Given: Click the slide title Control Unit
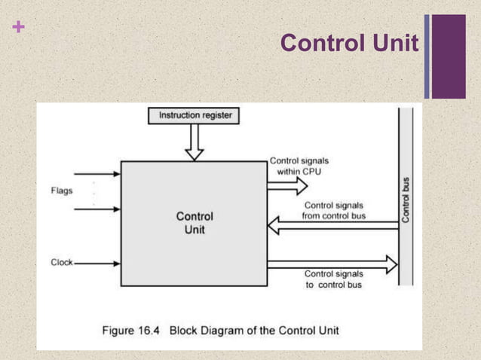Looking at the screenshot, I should [348, 44].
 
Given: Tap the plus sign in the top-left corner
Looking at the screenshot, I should [18, 28].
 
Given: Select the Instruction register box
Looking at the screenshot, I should [195, 116].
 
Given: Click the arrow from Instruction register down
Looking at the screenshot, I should [195, 142].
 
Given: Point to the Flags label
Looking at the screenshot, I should [62, 191].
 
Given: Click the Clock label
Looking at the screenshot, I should [62, 263].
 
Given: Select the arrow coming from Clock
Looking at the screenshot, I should [98, 264].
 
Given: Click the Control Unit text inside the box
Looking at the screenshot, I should [194, 223].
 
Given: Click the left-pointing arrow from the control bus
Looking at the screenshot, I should [332, 225].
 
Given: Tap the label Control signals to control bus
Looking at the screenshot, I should [333, 279].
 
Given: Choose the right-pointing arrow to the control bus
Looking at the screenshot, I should [332, 264].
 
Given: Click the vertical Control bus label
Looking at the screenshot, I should [406, 199].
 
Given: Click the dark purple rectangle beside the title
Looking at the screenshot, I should [449, 56].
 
